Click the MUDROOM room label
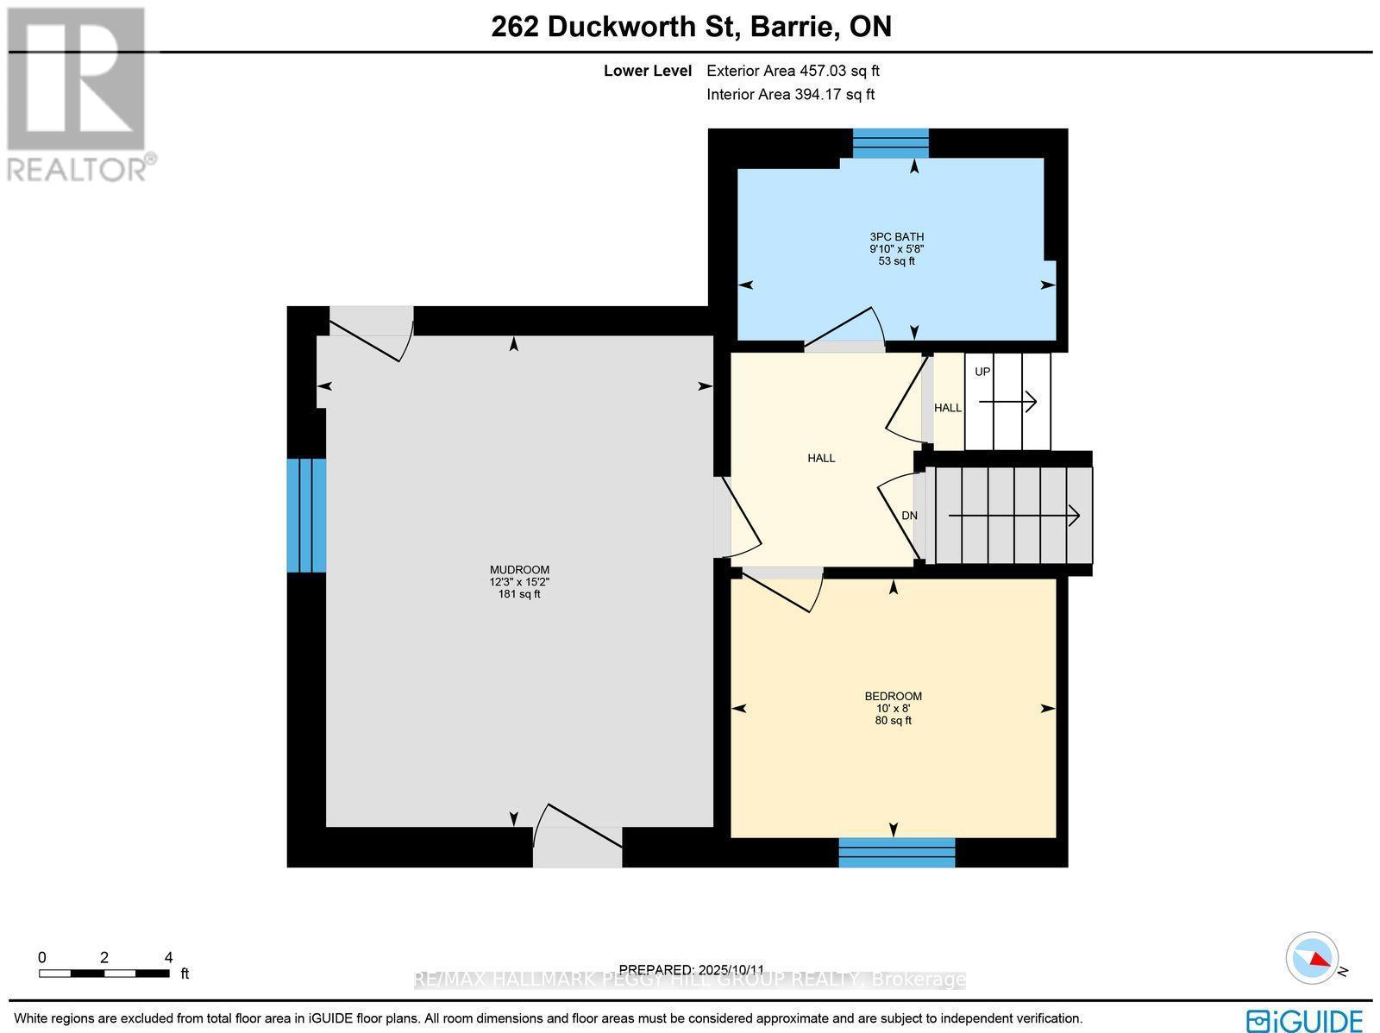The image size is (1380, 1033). point(519,570)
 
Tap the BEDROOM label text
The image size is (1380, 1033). point(893,696)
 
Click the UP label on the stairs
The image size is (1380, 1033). point(982,372)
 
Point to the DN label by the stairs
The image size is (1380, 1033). point(909,516)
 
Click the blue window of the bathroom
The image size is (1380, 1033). point(890,143)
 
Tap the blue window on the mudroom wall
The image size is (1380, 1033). point(306,515)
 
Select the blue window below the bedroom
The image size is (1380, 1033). point(897,852)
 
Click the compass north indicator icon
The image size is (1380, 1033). point(1312,958)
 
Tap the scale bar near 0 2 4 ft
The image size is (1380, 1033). point(103,974)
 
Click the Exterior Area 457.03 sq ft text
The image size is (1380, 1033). point(793,72)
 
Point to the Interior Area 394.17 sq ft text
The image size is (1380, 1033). point(790,95)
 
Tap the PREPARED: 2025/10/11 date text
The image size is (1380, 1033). point(692,969)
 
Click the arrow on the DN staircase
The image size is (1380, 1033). point(1013,516)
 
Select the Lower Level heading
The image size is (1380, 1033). point(647,72)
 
